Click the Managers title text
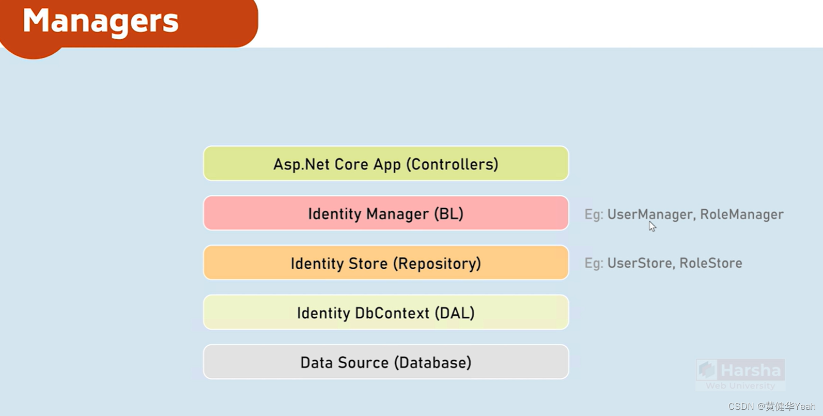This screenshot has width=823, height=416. (x=101, y=21)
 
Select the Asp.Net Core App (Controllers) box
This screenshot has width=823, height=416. (x=385, y=164)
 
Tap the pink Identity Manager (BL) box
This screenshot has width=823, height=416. (x=385, y=213)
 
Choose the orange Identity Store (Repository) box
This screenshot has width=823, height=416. (x=385, y=263)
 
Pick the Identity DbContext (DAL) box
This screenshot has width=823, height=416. (x=385, y=313)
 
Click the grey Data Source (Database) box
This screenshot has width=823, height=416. (x=385, y=362)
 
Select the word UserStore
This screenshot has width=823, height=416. (x=640, y=263)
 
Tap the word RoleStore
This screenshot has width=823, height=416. (x=710, y=263)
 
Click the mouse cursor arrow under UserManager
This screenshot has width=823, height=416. (x=652, y=226)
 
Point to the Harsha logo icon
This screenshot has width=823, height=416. (x=707, y=370)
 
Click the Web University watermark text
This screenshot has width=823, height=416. (x=740, y=386)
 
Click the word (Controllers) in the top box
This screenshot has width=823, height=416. (x=452, y=164)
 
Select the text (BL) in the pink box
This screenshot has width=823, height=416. (x=448, y=214)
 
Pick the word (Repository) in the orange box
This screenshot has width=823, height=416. (x=437, y=264)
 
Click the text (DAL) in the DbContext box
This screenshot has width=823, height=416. (x=454, y=313)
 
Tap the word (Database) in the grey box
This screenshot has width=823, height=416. (x=433, y=363)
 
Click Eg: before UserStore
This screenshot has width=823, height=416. (x=594, y=263)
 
